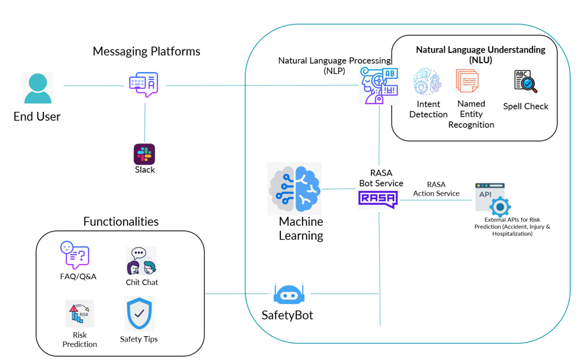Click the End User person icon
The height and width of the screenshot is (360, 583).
pos(38,88)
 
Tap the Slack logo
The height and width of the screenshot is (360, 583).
pos(145,154)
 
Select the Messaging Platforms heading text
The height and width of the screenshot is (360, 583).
pos(146,51)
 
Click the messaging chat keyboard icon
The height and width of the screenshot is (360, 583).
pos(143,84)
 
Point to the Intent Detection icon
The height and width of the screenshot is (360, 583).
pos(427,82)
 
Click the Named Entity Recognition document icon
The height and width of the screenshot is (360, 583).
pos(467,82)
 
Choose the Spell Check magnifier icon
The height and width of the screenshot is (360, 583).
pos(526,82)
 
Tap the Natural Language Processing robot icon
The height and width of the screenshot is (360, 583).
pos(379,85)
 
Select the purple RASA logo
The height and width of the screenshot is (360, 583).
pos(378,198)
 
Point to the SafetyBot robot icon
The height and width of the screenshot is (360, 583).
pos(288,294)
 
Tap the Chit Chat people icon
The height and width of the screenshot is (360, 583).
pos(141,261)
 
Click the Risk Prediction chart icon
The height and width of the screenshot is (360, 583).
pos(80,314)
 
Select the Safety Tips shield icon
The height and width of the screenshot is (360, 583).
pos(139,314)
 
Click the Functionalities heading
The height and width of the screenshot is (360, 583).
pos(120,221)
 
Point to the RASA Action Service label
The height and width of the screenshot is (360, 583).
pos(436,189)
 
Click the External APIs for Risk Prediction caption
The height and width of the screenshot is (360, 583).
pos(512,226)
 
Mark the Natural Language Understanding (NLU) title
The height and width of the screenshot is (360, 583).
pos(480,54)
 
